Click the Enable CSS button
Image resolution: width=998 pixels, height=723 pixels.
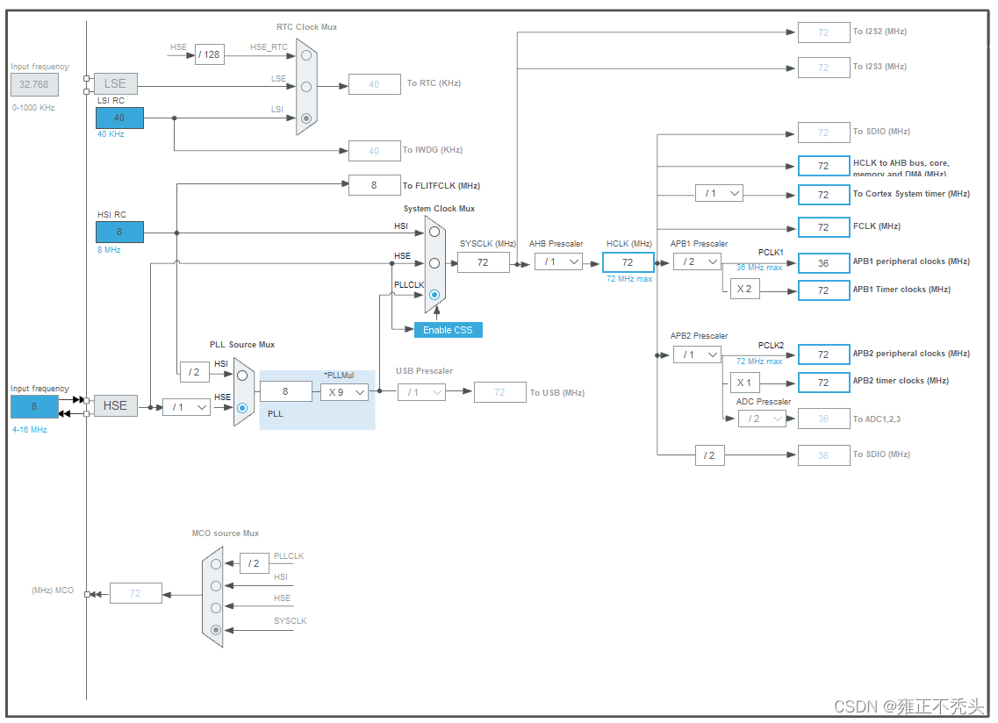pyautogui.click(x=448, y=330)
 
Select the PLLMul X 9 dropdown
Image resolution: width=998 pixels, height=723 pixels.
pyautogui.click(x=344, y=392)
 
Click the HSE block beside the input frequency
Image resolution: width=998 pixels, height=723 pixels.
pyautogui.click(x=115, y=405)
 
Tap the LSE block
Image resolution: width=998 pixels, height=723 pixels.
pyautogui.click(x=115, y=83)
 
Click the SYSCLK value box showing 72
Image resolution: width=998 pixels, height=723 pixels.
pyautogui.click(x=483, y=261)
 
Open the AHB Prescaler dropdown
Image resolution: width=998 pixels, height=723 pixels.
pyautogui.click(x=558, y=261)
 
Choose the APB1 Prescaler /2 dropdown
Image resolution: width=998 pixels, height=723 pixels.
pyautogui.click(x=697, y=261)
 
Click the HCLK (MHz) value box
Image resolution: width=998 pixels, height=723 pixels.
pyautogui.click(x=628, y=261)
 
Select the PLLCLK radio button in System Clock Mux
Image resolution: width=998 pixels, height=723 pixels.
pyautogui.click(x=434, y=295)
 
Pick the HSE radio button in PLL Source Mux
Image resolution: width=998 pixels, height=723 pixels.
pyautogui.click(x=242, y=408)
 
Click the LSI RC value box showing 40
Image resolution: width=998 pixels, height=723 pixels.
pyautogui.click(x=119, y=118)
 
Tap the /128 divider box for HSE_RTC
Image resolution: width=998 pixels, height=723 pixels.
pyautogui.click(x=209, y=54)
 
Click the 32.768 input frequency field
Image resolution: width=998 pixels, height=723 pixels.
pyautogui.click(x=35, y=84)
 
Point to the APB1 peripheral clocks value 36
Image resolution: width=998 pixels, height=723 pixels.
pyautogui.click(x=823, y=262)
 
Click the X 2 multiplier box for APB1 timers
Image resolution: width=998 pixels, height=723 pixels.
pyautogui.click(x=744, y=290)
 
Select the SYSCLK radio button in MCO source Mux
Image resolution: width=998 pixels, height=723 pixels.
pyautogui.click(x=216, y=629)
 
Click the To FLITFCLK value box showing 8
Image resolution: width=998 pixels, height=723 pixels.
pyautogui.click(x=374, y=185)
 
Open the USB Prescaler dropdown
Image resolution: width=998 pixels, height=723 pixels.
pyautogui.click(x=421, y=392)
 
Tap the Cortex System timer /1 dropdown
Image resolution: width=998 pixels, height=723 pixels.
pyautogui.click(x=719, y=193)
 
